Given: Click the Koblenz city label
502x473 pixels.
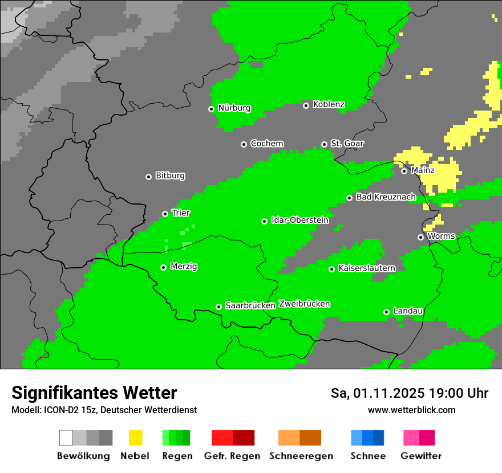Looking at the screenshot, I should [x=329, y=104].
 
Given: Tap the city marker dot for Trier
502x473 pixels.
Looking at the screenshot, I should [x=165, y=214].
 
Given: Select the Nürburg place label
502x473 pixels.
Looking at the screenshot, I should [x=234, y=108].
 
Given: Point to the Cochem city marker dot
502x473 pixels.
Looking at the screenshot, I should [x=244, y=144].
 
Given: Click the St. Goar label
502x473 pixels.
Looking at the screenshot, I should [x=347, y=144].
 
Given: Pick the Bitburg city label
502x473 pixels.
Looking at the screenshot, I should [x=170, y=176].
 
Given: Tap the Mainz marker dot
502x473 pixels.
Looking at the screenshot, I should [x=404, y=171].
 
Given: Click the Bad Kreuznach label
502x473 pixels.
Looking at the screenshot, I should [x=386, y=197].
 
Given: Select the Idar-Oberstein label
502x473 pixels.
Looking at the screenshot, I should [x=299, y=220].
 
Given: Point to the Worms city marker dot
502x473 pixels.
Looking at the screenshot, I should [x=420, y=237].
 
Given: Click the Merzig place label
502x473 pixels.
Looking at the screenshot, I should [x=184, y=266].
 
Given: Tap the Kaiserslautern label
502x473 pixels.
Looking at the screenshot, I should [x=367, y=268].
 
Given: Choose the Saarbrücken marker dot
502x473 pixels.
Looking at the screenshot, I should [x=218, y=307].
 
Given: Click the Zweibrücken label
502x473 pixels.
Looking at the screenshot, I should [x=304, y=304].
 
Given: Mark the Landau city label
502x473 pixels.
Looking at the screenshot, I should [x=408, y=311].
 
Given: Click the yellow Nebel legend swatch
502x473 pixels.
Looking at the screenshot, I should [x=135, y=438].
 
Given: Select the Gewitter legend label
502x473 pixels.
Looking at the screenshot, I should [x=421, y=456].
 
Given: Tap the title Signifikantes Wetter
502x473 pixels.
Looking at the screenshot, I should [x=94, y=393].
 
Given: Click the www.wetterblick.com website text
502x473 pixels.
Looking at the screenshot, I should [x=411, y=410].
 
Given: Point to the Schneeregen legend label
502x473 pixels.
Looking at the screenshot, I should [x=301, y=456].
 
